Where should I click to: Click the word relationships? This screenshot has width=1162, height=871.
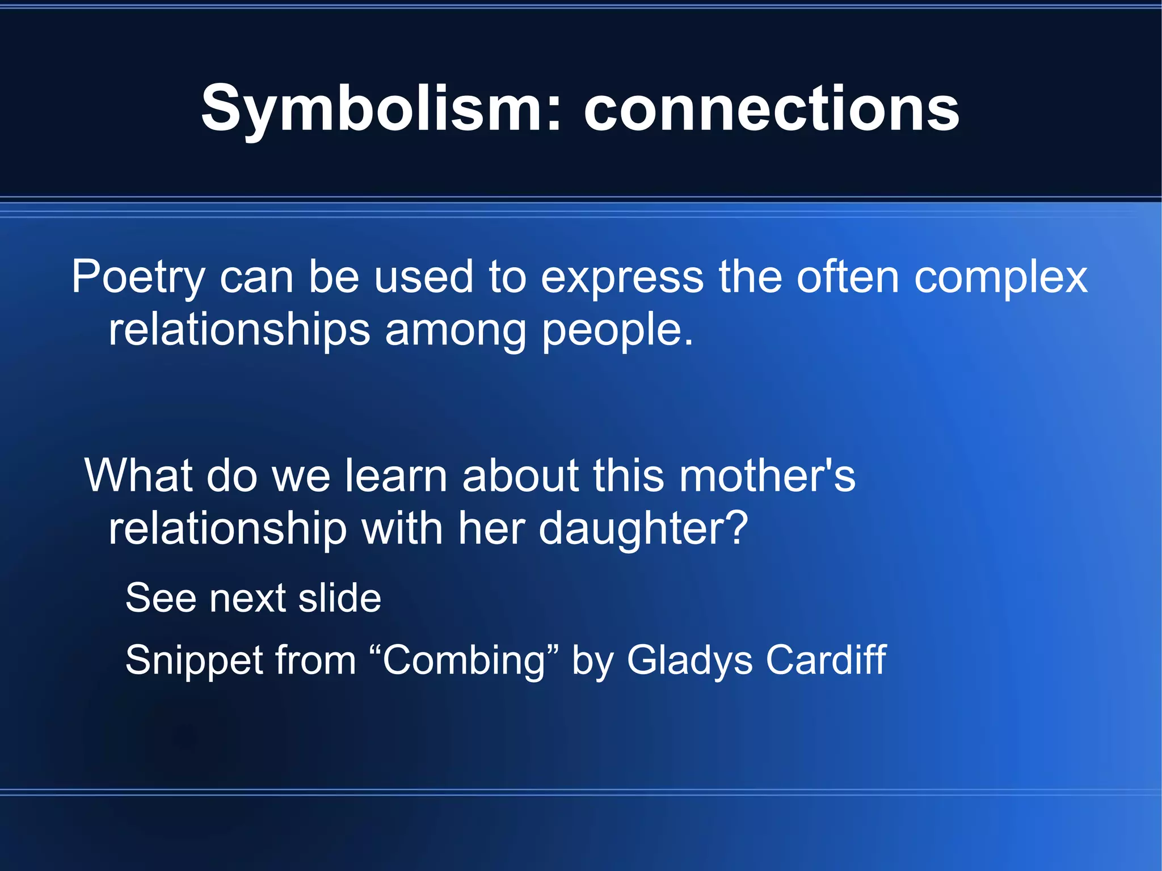[x=239, y=330]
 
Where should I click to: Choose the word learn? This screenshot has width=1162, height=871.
[x=396, y=475]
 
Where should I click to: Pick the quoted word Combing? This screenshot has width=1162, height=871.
[x=464, y=660]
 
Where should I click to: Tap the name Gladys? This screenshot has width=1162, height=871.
[x=689, y=660]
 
